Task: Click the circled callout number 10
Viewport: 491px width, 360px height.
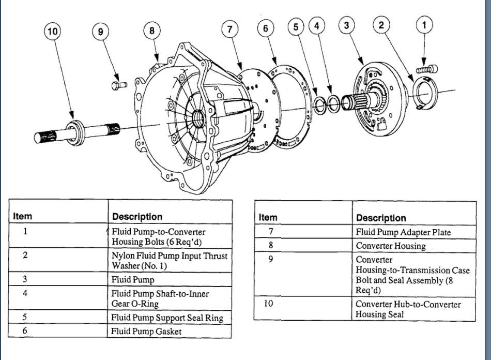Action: [52, 32]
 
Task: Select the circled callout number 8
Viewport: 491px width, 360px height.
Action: [151, 31]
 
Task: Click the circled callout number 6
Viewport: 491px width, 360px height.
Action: [266, 29]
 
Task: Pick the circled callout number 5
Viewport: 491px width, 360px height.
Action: [296, 26]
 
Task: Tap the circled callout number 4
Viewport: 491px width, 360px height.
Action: [317, 25]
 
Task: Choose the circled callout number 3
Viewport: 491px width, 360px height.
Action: [347, 25]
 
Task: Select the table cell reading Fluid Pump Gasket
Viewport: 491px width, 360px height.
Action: [146, 331]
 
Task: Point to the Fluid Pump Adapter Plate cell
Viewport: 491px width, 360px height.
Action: [403, 232]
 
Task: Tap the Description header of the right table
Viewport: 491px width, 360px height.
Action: [381, 218]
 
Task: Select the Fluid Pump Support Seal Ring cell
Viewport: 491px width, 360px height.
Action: [167, 317]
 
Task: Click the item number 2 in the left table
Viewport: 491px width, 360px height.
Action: [25, 256]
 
